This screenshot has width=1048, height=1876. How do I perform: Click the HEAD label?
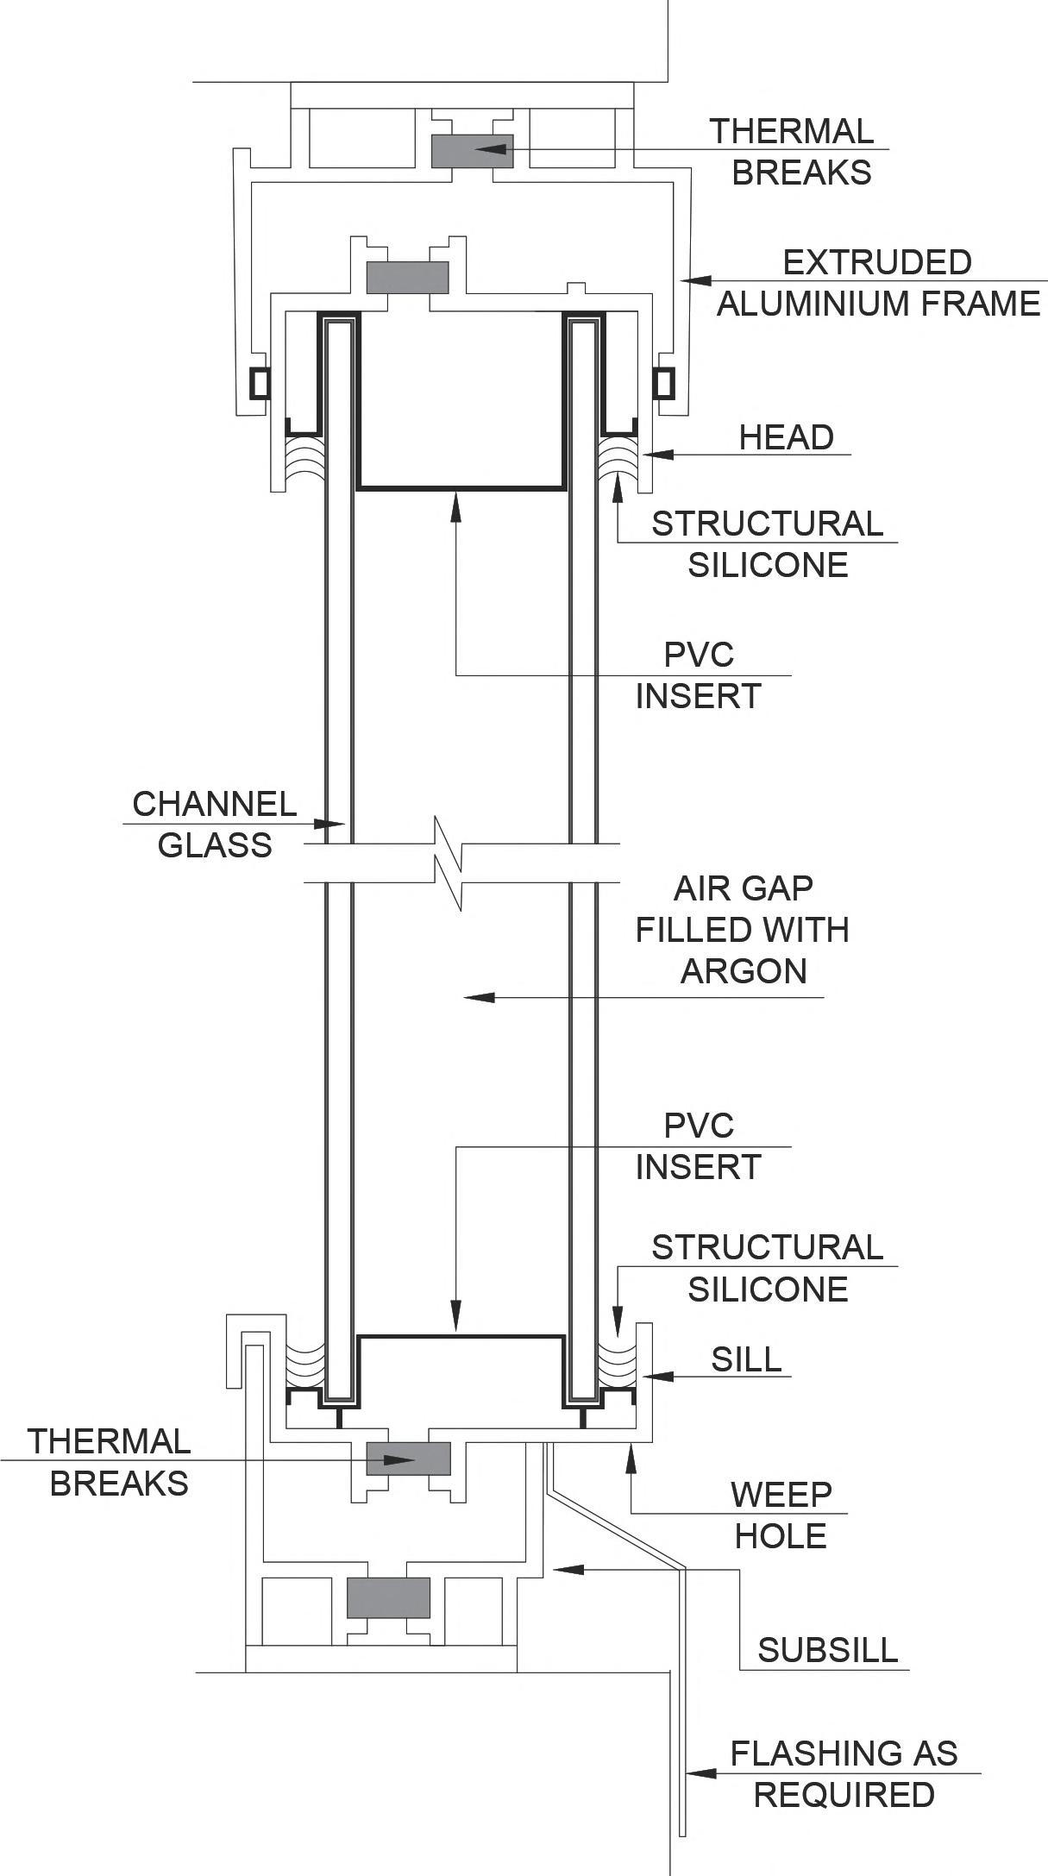(x=786, y=437)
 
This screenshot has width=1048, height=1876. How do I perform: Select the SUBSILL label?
(x=827, y=1649)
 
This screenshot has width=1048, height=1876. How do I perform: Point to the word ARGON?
(x=744, y=970)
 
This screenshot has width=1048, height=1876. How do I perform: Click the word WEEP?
(x=781, y=1495)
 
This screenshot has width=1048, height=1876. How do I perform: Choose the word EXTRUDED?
(x=876, y=262)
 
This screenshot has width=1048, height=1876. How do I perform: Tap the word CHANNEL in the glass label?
(x=214, y=804)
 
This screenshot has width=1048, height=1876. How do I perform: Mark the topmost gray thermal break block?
(x=472, y=151)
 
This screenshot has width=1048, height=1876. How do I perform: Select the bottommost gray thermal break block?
(x=388, y=1597)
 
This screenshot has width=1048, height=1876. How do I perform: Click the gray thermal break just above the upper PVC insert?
(x=408, y=278)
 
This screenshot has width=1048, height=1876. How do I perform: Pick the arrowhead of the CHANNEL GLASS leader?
(x=334, y=825)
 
